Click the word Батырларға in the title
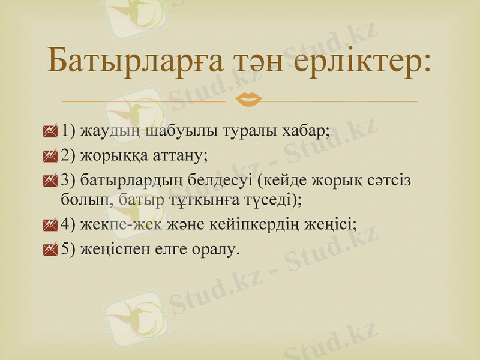(135, 61)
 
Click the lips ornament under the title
(248, 98)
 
